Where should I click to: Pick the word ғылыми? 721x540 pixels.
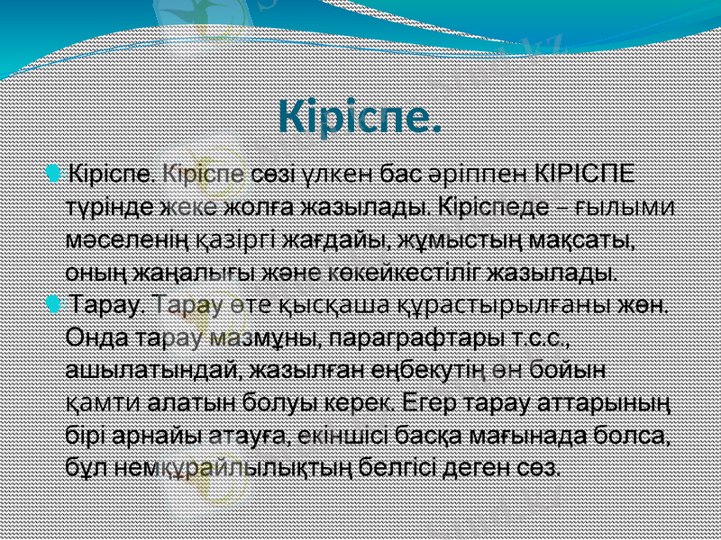633,205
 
